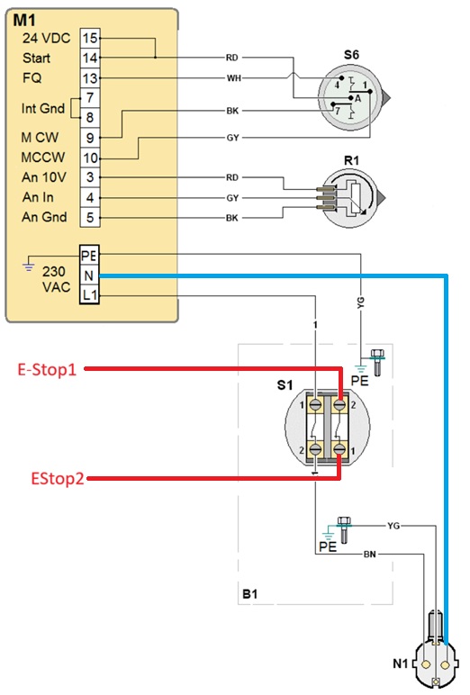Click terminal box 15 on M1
click(x=90, y=38)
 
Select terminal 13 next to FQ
click(x=90, y=78)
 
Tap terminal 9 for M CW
click(x=90, y=138)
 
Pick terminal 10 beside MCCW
click(x=90, y=158)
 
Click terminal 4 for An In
click(x=90, y=197)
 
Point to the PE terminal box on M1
click(x=89, y=256)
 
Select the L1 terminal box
click(x=89, y=294)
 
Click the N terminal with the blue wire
click(x=89, y=275)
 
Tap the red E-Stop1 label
click(x=47, y=369)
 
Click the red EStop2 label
click(x=58, y=478)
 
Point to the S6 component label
click(x=351, y=55)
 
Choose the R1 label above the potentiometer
click(x=351, y=160)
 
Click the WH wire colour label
click(x=234, y=78)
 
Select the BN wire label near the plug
click(x=370, y=554)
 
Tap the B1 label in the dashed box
click(x=250, y=593)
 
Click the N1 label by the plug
click(x=401, y=663)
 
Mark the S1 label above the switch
click(x=285, y=384)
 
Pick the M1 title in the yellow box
click(x=25, y=20)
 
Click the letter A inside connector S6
click(x=358, y=99)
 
